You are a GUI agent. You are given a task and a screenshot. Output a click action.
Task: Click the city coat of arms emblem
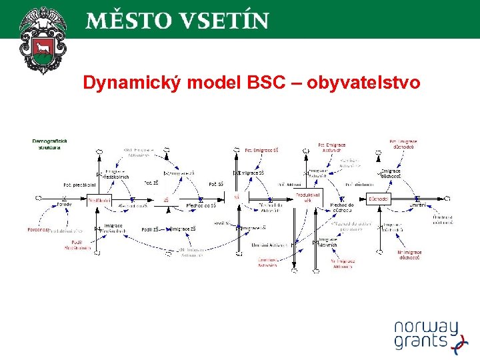tap(43, 40)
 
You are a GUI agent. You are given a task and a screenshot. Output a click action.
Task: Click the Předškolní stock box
tap(99, 199)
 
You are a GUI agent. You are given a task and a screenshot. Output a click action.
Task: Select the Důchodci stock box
tap(378, 199)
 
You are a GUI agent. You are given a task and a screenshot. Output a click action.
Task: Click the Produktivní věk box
tap(308, 197)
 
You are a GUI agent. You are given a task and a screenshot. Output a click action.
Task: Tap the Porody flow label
tap(63, 205)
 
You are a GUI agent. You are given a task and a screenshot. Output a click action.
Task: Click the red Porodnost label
tap(39, 230)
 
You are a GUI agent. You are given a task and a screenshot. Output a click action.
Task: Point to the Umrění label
tap(417, 205)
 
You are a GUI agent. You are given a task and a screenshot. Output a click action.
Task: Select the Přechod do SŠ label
tap(200, 205)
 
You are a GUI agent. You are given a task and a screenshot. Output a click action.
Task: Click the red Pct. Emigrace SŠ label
tap(261, 150)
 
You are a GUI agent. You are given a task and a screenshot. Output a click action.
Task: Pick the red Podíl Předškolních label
tap(77, 245)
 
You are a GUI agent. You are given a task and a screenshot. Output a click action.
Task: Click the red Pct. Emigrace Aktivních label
tap(331, 147)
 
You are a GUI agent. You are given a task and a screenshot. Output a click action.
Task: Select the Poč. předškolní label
tap(79, 185)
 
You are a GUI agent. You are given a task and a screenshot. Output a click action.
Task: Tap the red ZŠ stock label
tap(166, 199)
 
